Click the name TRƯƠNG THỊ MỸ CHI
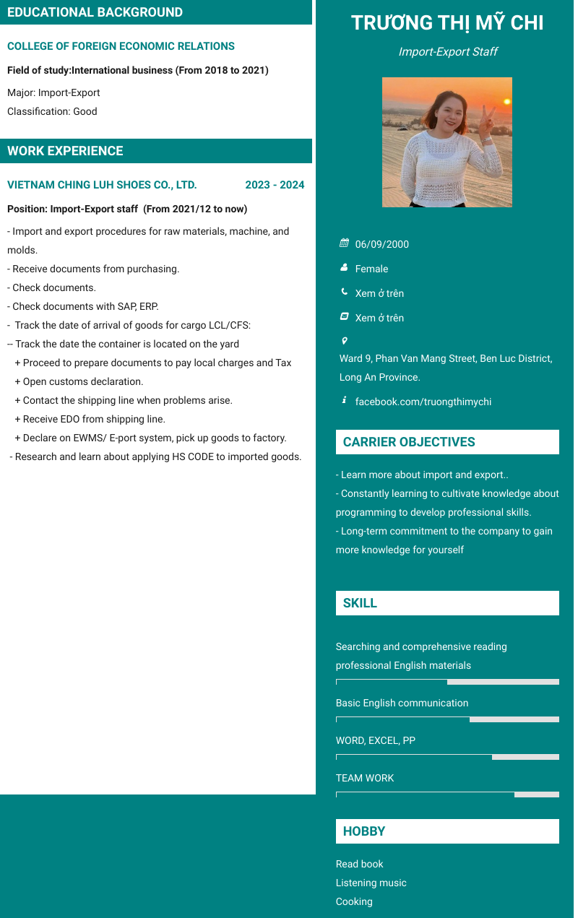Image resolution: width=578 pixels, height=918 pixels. pyautogui.click(x=447, y=23)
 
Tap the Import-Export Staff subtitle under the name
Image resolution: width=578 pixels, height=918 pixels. pyautogui.click(x=447, y=52)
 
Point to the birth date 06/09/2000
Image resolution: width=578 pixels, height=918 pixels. pyautogui.click(x=381, y=244)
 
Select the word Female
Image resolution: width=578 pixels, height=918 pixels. pyautogui.click(x=371, y=269)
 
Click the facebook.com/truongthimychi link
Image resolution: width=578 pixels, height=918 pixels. pyautogui.click(x=423, y=402)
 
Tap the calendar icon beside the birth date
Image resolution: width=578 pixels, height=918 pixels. pyautogui.click(x=345, y=243)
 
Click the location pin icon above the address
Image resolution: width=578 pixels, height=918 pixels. pyautogui.click(x=345, y=340)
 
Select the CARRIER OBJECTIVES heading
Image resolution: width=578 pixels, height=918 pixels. pyautogui.click(x=409, y=442)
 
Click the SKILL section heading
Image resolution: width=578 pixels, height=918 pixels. pyautogui.click(x=360, y=603)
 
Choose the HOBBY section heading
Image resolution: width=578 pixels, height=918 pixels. pyautogui.click(x=364, y=831)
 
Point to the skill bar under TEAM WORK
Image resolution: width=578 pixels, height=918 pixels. pyautogui.click(x=447, y=794)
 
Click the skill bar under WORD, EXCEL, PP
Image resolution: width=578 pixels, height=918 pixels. pyautogui.click(x=447, y=757)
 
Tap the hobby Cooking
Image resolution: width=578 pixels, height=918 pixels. pyautogui.click(x=354, y=901)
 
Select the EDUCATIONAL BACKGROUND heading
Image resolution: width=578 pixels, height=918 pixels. pyautogui.click(x=95, y=12)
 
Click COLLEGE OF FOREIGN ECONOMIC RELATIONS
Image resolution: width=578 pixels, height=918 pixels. pyautogui.click(x=121, y=46)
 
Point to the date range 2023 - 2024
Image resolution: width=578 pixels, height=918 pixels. pyautogui.click(x=275, y=185)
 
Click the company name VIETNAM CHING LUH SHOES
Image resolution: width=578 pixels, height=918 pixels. pyautogui.click(x=102, y=185)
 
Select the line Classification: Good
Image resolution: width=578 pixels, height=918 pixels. pyautogui.click(x=52, y=111)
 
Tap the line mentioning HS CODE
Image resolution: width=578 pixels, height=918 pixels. pyautogui.click(x=155, y=456)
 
